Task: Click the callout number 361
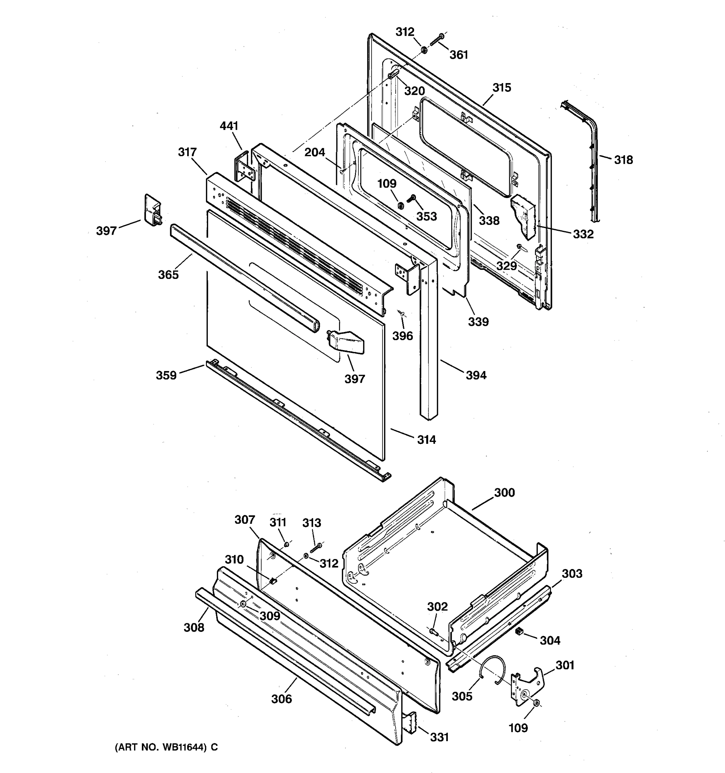click(459, 55)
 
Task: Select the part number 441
click(229, 126)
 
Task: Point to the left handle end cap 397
click(152, 210)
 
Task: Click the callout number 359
click(166, 375)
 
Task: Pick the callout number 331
click(439, 737)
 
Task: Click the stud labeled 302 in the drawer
click(433, 632)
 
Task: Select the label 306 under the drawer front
click(281, 699)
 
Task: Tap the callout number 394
click(476, 375)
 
